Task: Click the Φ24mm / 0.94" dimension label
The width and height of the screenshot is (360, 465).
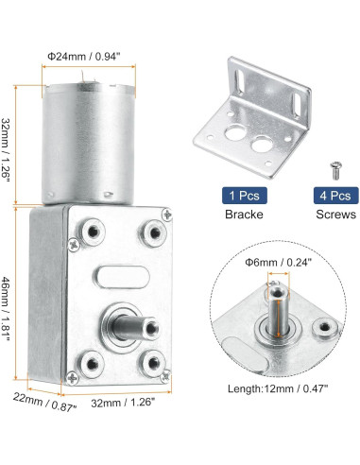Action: pyautogui.click(x=84, y=57)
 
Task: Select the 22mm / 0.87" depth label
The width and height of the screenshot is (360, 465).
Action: pyautogui.click(x=44, y=402)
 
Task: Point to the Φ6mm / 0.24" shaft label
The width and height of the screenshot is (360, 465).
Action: pyautogui.click(x=279, y=262)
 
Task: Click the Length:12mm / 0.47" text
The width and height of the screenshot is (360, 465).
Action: pyautogui.click(x=278, y=388)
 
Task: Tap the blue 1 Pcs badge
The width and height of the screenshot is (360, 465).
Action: pyautogui.click(x=245, y=196)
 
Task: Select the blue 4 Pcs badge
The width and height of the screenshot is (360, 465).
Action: pyautogui.click(x=335, y=196)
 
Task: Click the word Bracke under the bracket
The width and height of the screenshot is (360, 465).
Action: pyautogui.click(x=244, y=215)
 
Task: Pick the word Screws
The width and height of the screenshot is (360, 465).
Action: pyautogui.click(x=336, y=215)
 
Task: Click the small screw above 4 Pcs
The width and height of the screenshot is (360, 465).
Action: pyautogui.click(x=336, y=170)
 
